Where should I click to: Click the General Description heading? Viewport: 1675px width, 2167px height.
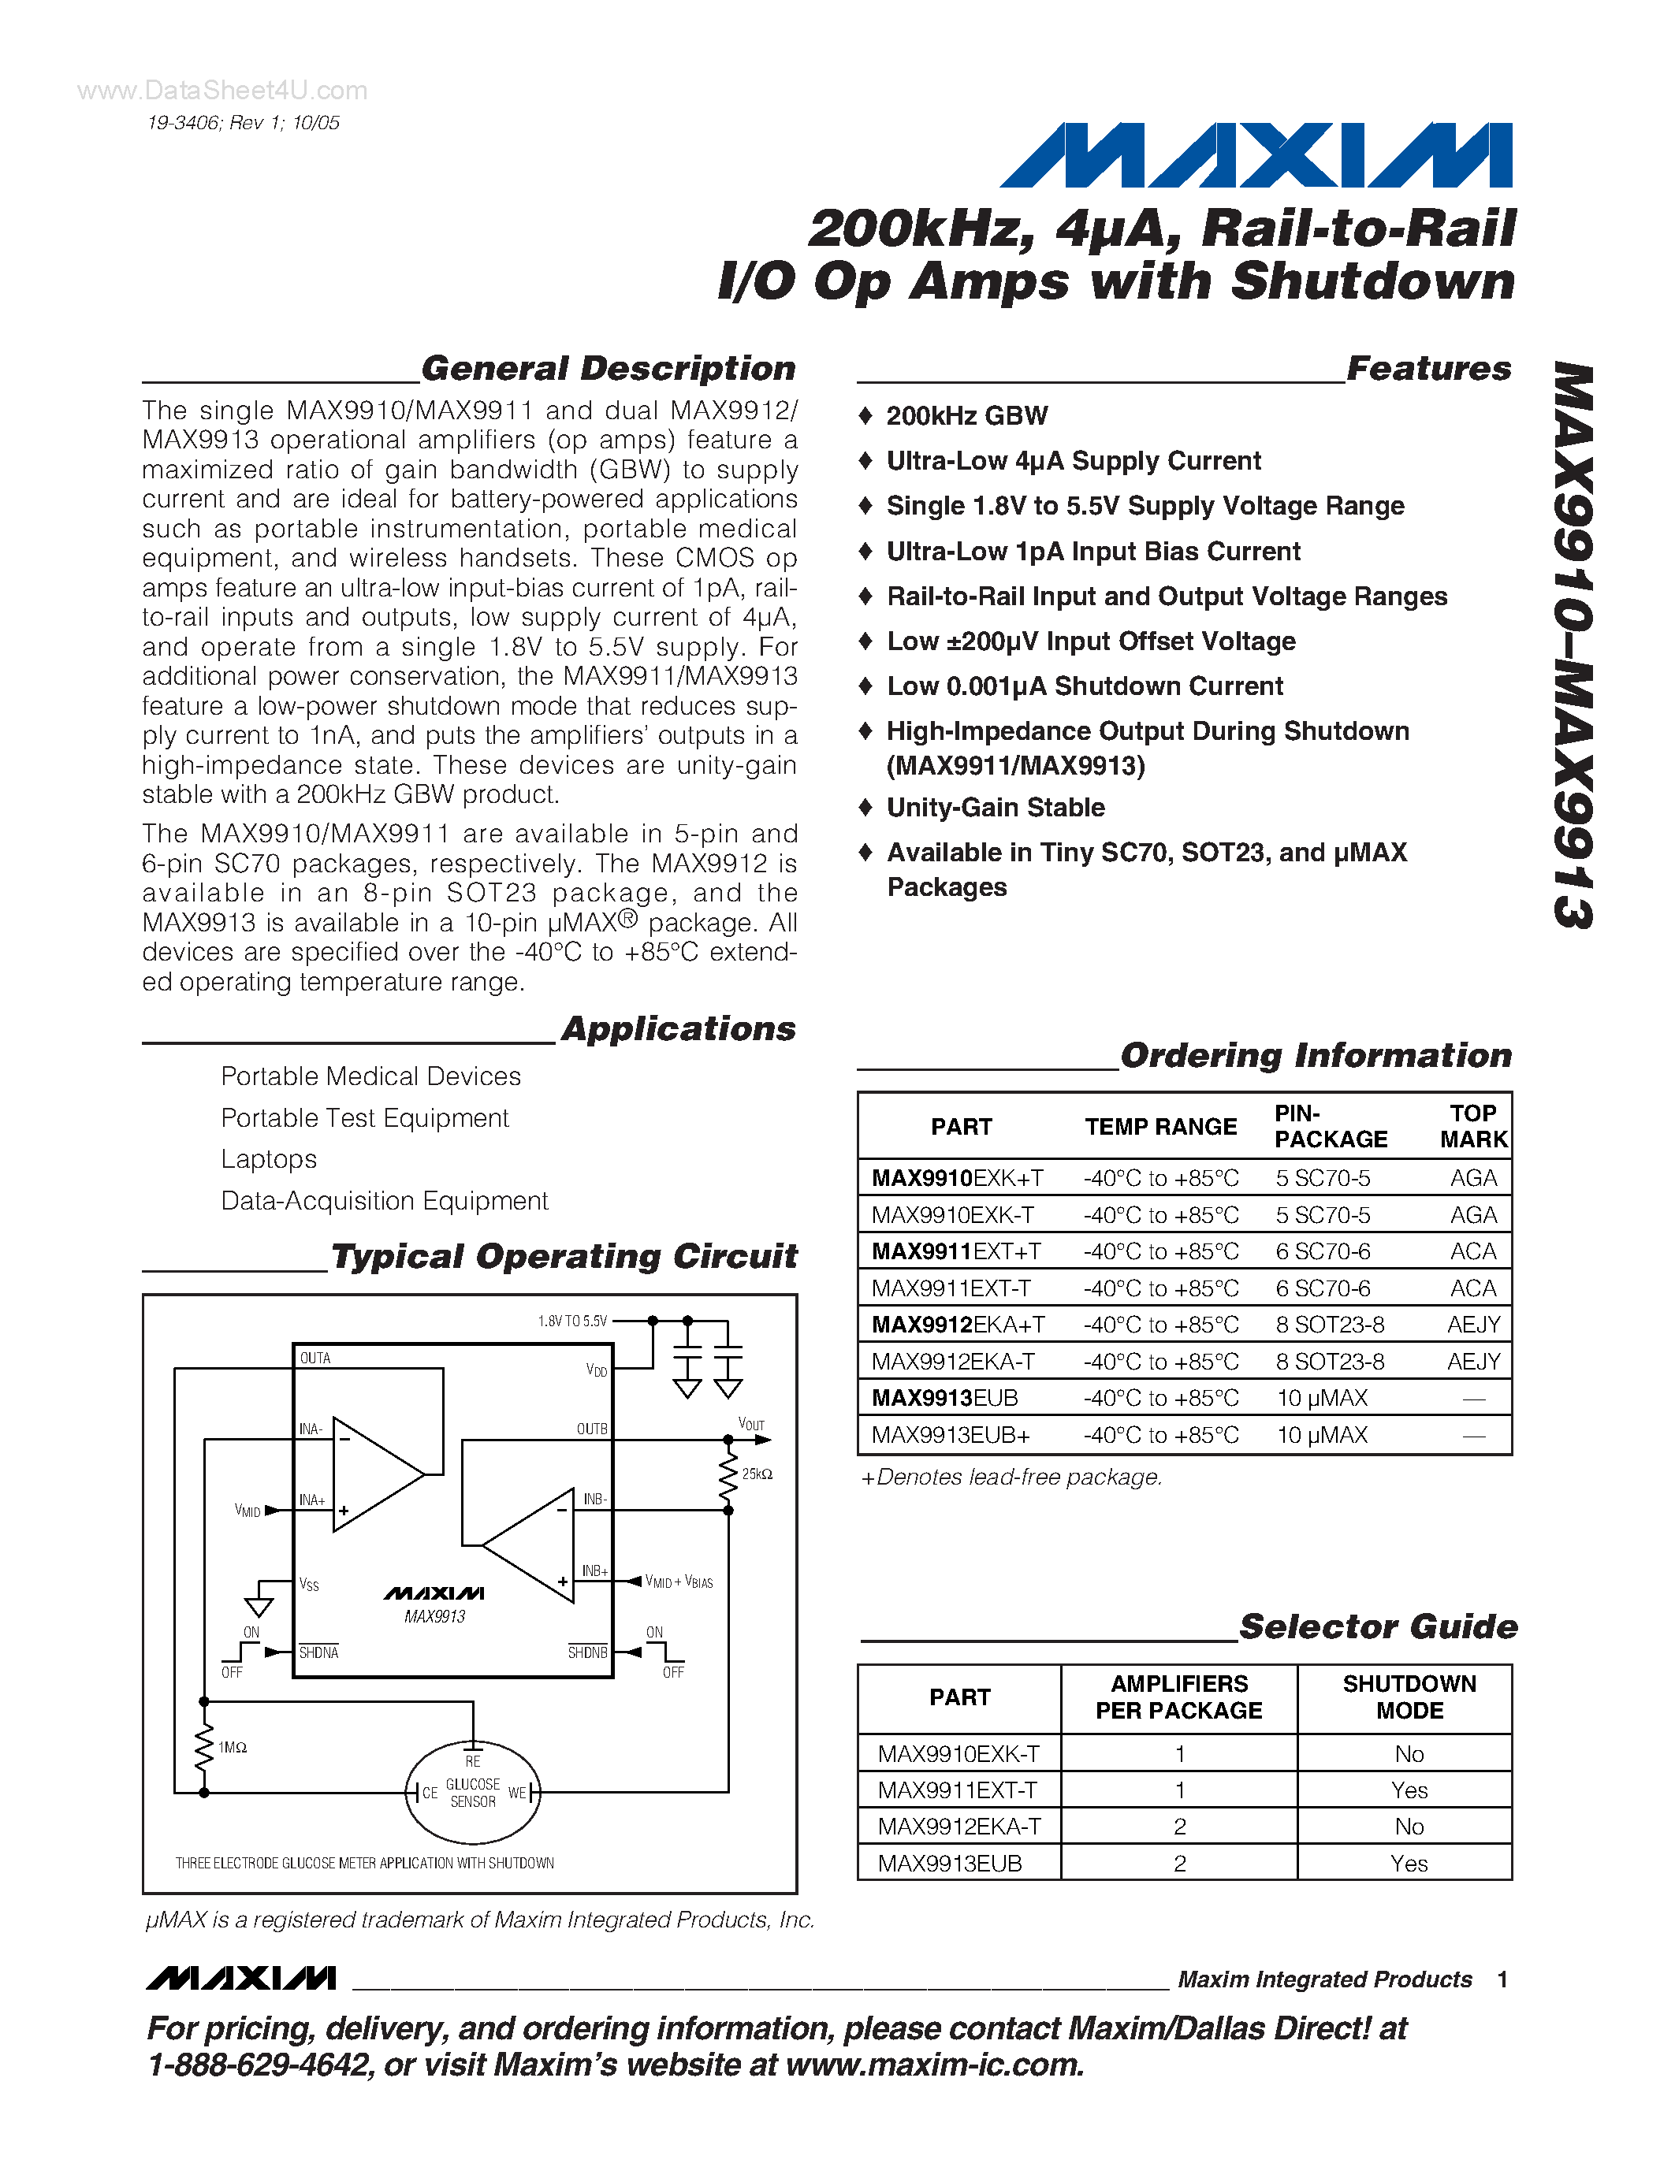coord(609,368)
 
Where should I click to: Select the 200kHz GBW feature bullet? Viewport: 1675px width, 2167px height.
coord(966,416)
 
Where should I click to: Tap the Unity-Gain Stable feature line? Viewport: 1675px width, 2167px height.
coord(996,808)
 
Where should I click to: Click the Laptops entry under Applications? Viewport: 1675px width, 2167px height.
coord(269,1159)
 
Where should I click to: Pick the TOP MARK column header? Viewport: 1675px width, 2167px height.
coord(1472,1126)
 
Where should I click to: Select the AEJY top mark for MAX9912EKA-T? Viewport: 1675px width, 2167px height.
coord(1472,1362)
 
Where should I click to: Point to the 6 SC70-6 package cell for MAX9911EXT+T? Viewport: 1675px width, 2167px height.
coord(1323,1251)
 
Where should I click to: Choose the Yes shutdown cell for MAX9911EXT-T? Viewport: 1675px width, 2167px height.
coord(1409,1790)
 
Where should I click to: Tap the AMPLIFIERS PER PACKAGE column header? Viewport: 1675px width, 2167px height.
coord(1179,1697)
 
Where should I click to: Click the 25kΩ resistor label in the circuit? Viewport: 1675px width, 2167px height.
coord(757,1474)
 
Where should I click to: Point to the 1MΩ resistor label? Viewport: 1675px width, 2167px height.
coord(233,1747)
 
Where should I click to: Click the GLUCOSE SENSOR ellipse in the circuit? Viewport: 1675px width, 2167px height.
coord(473,1792)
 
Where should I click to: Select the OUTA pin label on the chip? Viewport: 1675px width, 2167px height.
coord(315,1359)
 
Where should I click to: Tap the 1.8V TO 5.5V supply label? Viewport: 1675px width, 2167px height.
coord(572,1321)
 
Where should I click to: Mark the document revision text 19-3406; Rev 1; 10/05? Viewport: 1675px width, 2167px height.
coord(243,123)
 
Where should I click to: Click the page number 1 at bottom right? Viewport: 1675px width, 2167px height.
coord(1502,1979)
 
